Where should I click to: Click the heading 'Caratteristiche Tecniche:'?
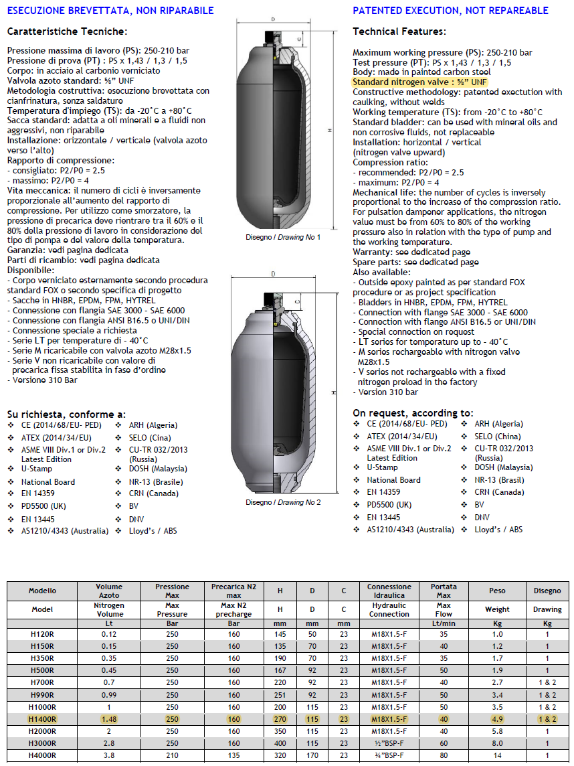[x=66, y=31]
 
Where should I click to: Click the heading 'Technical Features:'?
[x=399, y=31]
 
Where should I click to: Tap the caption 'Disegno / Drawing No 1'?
[x=282, y=238]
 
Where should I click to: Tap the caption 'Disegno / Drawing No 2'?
[x=283, y=502]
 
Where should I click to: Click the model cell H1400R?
[x=43, y=718]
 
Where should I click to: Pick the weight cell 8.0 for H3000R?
[x=497, y=743]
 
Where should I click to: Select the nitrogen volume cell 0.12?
[x=109, y=634]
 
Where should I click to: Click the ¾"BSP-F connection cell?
[x=389, y=755]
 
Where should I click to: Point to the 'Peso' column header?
[x=497, y=591]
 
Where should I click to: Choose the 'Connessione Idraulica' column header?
[x=389, y=591]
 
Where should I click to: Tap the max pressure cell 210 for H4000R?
[x=172, y=755]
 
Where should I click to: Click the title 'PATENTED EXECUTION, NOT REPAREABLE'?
[x=450, y=10]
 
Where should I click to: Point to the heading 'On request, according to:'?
[x=413, y=412]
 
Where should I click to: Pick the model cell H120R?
[x=43, y=634]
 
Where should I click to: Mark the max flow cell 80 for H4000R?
[x=443, y=755]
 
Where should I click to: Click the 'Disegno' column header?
[x=547, y=591]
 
